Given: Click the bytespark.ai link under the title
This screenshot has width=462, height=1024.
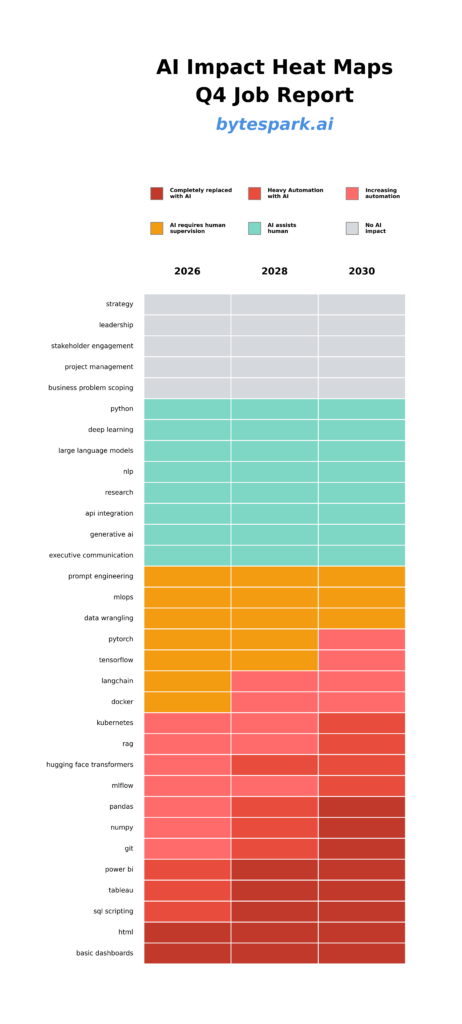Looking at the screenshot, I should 274,125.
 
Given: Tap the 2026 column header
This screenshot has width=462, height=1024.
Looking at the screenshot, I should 187,271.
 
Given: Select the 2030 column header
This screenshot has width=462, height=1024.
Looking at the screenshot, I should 362,271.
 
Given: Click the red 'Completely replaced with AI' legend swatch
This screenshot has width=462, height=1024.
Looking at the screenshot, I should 157,193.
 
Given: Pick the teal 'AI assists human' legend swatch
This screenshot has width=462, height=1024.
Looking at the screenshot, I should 255,228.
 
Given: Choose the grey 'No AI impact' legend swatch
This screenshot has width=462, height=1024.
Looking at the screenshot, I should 352,228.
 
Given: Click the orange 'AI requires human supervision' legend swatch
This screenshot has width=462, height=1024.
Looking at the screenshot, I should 157,228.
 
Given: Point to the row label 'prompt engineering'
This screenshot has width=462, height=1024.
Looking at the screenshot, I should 100,576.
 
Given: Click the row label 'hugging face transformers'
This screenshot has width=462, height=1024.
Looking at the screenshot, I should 89,765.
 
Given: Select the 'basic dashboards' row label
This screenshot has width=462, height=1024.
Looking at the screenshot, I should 104,953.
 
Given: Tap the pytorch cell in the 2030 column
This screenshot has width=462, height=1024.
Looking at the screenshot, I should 362,639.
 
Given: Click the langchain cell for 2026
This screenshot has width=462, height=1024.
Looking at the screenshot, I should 187,681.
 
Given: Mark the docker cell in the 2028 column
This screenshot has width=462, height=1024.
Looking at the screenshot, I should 274,702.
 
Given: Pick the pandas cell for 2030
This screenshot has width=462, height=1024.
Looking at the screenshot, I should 362,807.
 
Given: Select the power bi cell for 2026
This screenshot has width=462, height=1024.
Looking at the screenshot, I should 187,869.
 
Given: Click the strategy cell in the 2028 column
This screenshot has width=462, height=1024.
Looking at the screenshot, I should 274,304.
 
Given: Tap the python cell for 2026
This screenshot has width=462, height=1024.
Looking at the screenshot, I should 187,409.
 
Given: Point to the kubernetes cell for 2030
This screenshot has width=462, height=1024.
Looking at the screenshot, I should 362,723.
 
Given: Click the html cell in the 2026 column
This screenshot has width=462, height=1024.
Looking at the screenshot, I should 187,932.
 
